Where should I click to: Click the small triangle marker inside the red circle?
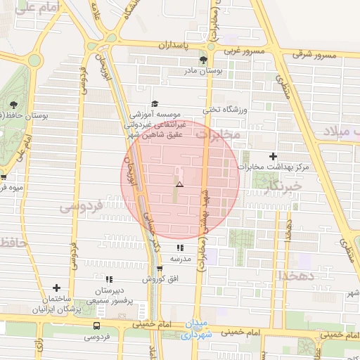tap(179, 184)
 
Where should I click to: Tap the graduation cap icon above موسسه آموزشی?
tap(155, 103)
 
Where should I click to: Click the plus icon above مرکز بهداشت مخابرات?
tap(274, 156)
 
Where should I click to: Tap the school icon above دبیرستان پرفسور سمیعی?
tap(108, 280)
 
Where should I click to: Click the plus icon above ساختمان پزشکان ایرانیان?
tap(56, 287)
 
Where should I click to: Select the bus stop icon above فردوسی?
tap(96, 326)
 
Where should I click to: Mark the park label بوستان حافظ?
tap(24, 115)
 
